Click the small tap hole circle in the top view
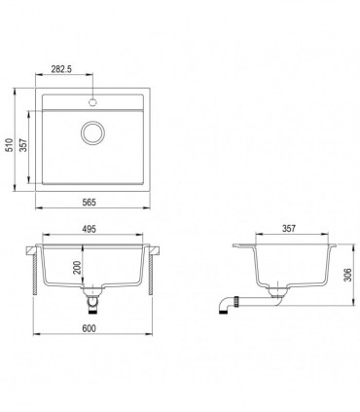point(92,100)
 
